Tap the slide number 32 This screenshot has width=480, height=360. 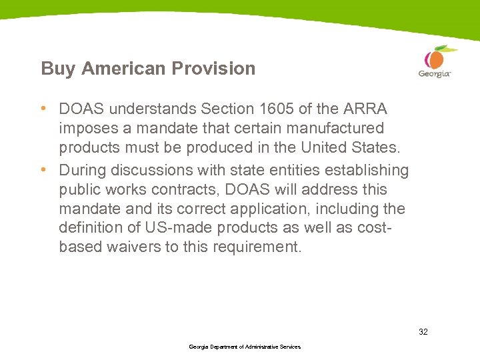[x=423, y=331]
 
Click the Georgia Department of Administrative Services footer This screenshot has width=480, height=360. [x=245, y=347]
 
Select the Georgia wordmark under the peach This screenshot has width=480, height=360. [x=435, y=74]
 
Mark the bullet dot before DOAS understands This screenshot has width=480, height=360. [x=43, y=108]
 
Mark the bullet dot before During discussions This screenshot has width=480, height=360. [x=43, y=171]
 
